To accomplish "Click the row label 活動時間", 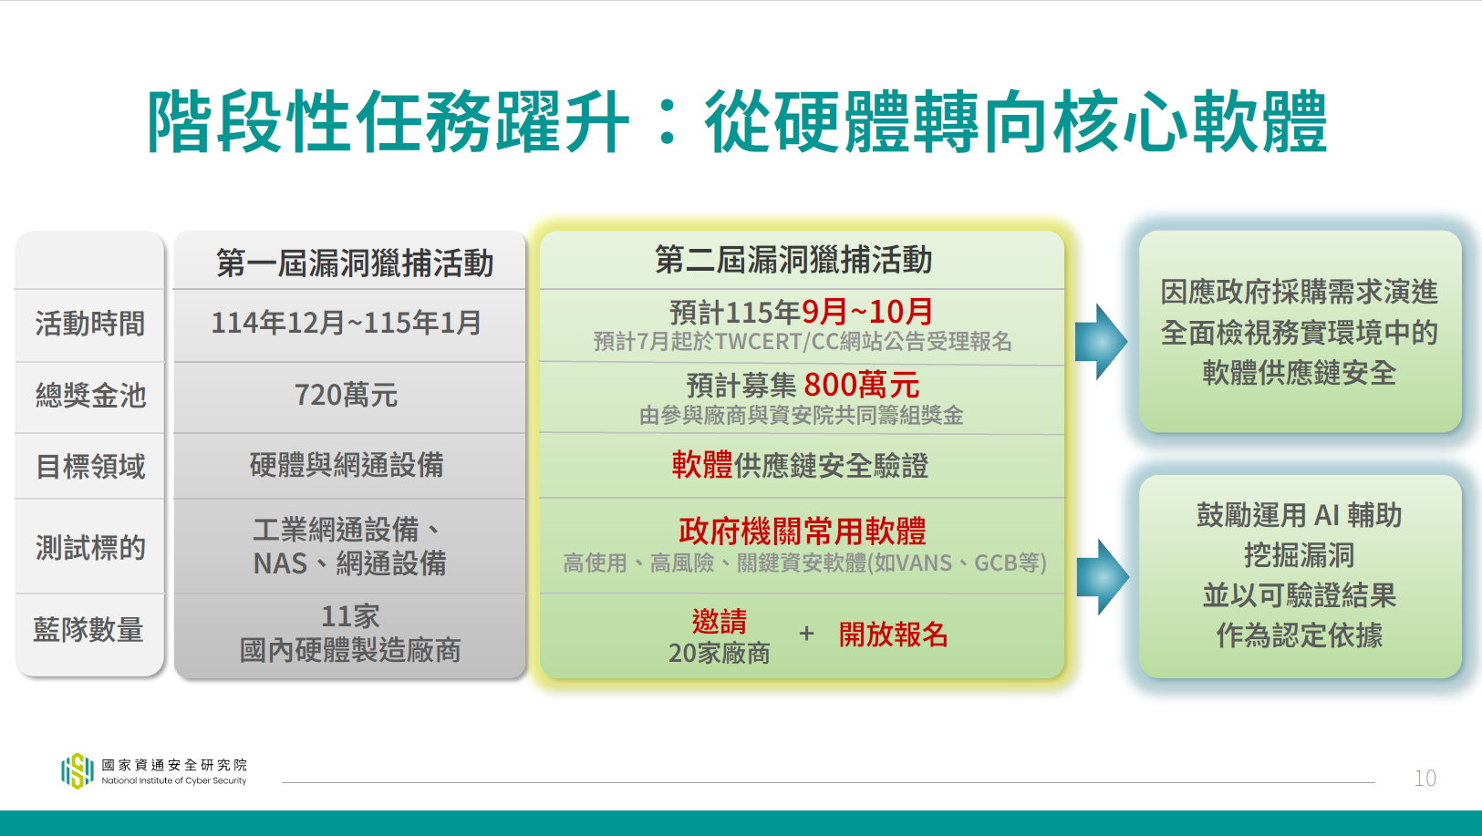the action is (x=90, y=324).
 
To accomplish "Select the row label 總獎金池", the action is (x=90, y=396).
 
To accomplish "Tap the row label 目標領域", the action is (x=90, y=466).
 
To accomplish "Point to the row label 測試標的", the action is (x=90, y=548).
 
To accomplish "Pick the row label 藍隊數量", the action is (x=88, y=630).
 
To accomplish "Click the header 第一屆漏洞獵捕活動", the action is (x=355, y=263).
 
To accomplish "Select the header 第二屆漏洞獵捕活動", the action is (x=793, y=259).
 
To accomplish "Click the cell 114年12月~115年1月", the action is (x=346, y=323).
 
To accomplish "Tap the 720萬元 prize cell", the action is (x=346, y=395).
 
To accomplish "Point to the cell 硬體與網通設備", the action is (x=347, y=465).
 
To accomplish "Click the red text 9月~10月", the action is (x=866, y=312).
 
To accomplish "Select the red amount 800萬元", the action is (x=862, y=385).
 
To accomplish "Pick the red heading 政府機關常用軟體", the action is (x=803, y=531).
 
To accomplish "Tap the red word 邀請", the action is (x=720, y=621).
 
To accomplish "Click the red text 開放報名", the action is (x=893, y=635).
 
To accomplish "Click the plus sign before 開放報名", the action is (x=806, y=634).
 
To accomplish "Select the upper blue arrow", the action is (x=1101, y=341).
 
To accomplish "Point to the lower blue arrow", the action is (x=1103, y=577).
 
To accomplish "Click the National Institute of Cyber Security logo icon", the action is (x=78, y=771).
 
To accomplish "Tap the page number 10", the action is (x=1425, y=779).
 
